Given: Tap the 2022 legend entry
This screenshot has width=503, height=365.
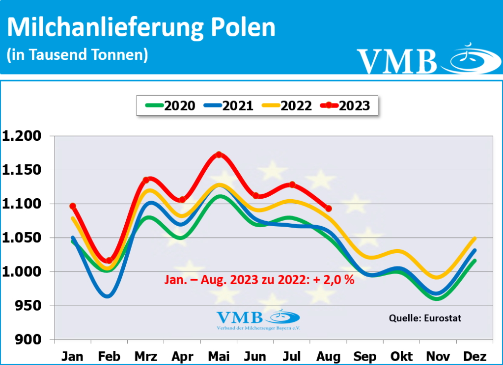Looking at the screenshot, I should pos(287,105).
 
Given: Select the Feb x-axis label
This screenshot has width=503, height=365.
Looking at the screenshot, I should pos(109,356).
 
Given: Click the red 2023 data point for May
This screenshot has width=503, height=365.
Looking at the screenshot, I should pos(219,155).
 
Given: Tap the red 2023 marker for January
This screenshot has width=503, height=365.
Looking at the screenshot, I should pos(73,206).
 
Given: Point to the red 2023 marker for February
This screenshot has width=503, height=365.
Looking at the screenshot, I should pos(109,261).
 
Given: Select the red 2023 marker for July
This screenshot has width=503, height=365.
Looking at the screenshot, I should pos(292,184).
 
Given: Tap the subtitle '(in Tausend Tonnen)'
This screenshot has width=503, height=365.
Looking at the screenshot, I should pos(77,54).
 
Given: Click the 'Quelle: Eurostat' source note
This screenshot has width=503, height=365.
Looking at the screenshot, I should pos(425,318).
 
